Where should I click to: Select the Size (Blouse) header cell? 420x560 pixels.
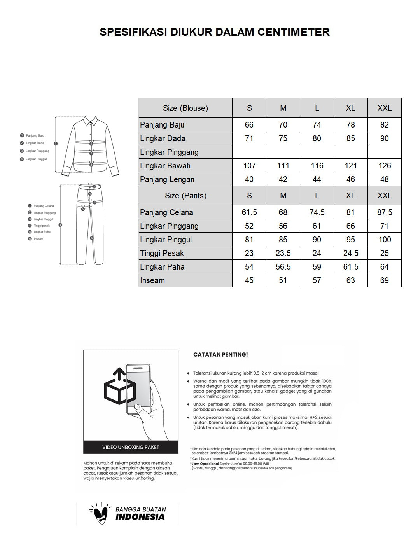185,108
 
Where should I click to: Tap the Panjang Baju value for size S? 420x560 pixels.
249,125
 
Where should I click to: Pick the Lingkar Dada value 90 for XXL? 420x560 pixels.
384,138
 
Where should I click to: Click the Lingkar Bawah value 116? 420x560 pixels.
317,166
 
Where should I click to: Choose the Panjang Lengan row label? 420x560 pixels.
167,179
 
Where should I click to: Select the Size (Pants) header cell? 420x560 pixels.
185,196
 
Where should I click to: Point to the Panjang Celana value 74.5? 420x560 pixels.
317,212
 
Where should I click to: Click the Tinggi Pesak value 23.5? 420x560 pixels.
283,253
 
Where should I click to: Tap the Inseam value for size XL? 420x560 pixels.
350,280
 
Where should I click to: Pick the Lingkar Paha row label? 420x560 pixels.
163,267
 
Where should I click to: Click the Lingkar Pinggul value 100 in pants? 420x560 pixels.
384,240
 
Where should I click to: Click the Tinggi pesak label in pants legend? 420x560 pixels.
42,226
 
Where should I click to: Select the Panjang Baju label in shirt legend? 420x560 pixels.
35,136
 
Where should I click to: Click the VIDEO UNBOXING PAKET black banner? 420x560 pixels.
131,447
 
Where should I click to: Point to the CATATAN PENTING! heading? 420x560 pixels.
220,355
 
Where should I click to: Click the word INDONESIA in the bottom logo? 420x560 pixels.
140,517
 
